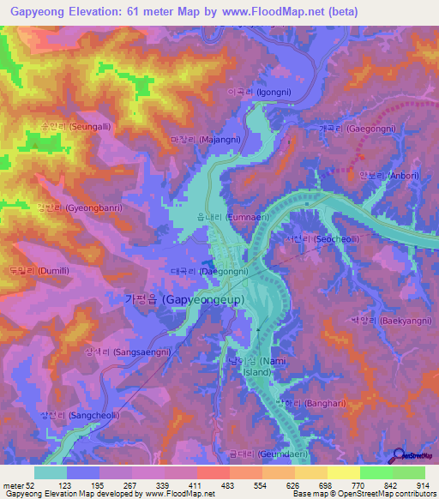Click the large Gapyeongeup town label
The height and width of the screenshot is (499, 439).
coord(184,299)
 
